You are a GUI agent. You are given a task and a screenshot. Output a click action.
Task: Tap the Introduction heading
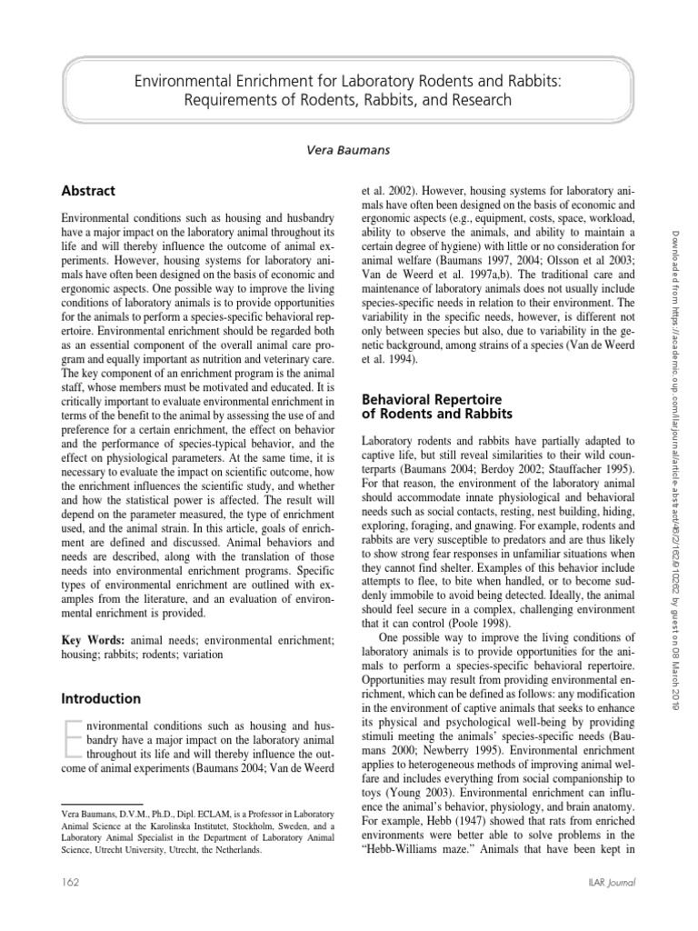[100, 699]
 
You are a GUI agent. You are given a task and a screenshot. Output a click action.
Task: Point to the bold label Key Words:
[94, 640]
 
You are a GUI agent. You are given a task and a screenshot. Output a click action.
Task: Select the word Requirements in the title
[230, 100]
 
